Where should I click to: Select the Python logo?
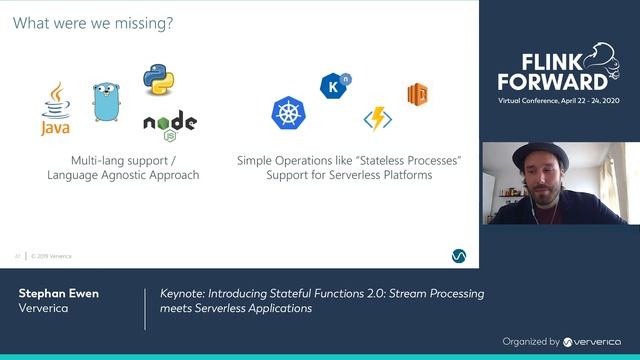pos(159,79)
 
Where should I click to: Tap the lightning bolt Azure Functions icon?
pos(377,118)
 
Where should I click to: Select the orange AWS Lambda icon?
pos(417,95)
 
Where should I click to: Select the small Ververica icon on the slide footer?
pos(457,256)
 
